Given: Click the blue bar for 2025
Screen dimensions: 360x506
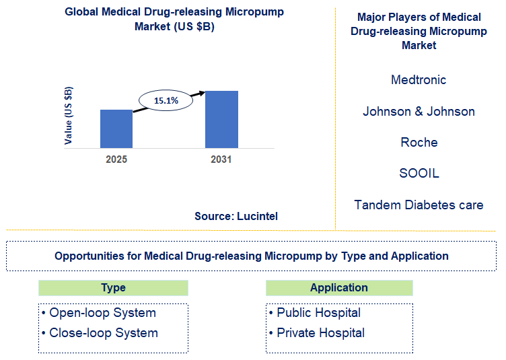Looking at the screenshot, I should (x=116, y=128).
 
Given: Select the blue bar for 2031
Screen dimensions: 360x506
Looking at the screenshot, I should (x=221, y=119).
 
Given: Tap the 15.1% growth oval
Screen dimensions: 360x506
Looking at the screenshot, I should (x=166, y=100).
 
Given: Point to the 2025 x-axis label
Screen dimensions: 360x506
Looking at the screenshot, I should (x=116, y=159).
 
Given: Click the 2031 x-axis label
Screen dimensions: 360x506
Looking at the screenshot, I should (x=221, y=159).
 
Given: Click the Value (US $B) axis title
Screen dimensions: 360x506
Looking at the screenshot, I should (x=69, y=116).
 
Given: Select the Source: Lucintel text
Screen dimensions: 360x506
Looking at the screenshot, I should (x=236, y=216).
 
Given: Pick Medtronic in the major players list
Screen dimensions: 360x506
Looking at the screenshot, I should (x=419, y=80).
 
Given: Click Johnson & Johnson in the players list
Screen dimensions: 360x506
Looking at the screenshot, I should (x=419, y=112).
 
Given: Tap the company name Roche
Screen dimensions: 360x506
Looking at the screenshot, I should (x=419, y=143).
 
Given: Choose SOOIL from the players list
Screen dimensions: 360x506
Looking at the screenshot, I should (x=419, y=174).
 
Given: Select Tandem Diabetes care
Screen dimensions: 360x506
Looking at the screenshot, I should (x=419, y=205).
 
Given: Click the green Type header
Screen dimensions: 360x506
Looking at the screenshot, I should (x=113, y=288).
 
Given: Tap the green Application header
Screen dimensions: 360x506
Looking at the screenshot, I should (x=339, y=288).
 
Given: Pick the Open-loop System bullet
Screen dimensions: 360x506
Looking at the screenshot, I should (x=98, y=313).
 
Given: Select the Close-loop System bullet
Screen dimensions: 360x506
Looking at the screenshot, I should (x=100, y=333).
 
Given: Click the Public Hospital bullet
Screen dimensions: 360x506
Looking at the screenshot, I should (x=314, y=313).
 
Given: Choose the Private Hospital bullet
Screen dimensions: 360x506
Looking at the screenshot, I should (x=316, y=333).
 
